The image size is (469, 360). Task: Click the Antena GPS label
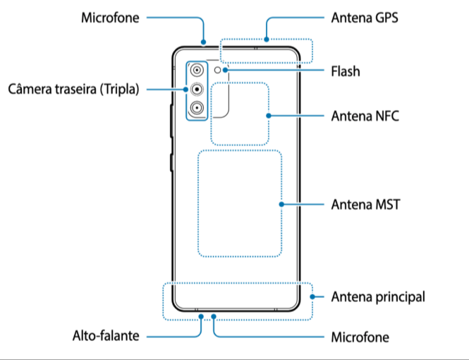click(365, 18)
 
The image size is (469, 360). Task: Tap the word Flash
click(346, 71)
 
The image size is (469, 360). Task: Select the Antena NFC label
click(365, 116)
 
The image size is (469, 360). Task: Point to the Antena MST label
click(365, 205)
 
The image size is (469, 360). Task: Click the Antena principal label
click(378, 297)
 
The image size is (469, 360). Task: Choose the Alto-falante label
click(106, 336)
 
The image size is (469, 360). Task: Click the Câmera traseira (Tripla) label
click(73, 89)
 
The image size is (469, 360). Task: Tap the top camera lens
click(197, 71)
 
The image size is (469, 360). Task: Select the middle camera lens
click(197, 89)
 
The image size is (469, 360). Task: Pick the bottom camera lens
click(197, 108)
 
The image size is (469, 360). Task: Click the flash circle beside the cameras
click(217, 70)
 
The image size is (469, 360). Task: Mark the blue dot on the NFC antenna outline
click(269, 116)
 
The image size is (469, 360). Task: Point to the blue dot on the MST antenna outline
click(281, 205)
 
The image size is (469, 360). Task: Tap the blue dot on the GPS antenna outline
click(267, 40)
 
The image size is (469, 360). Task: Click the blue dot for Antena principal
click(312, 297)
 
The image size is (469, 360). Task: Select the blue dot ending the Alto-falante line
click(201, 316)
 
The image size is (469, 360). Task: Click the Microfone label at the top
click(110, 18)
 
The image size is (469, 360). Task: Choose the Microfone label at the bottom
click(360, 337)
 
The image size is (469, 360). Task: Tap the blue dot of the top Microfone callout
click(203, 42)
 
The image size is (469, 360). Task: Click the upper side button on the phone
click(171, 121)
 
